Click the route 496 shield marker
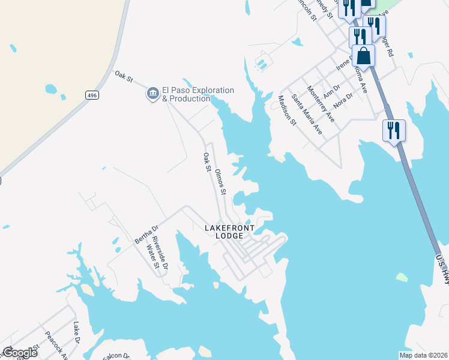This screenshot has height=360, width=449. [x=92, y=95]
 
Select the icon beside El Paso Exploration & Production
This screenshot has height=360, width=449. [x=152, y=93]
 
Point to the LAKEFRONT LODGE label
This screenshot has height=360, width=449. [x=229, y=232]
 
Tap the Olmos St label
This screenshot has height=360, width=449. [x=220, y=182]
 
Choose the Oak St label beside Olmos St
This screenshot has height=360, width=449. [x=206, y=162]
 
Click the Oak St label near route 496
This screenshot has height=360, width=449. [x=123, y=77]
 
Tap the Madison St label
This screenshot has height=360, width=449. [x=287, y=110]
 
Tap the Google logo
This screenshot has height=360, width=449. [x=20, y=353]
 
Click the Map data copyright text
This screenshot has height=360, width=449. [x=423, y=355]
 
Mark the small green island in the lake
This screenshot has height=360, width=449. [x=402, y=277]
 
